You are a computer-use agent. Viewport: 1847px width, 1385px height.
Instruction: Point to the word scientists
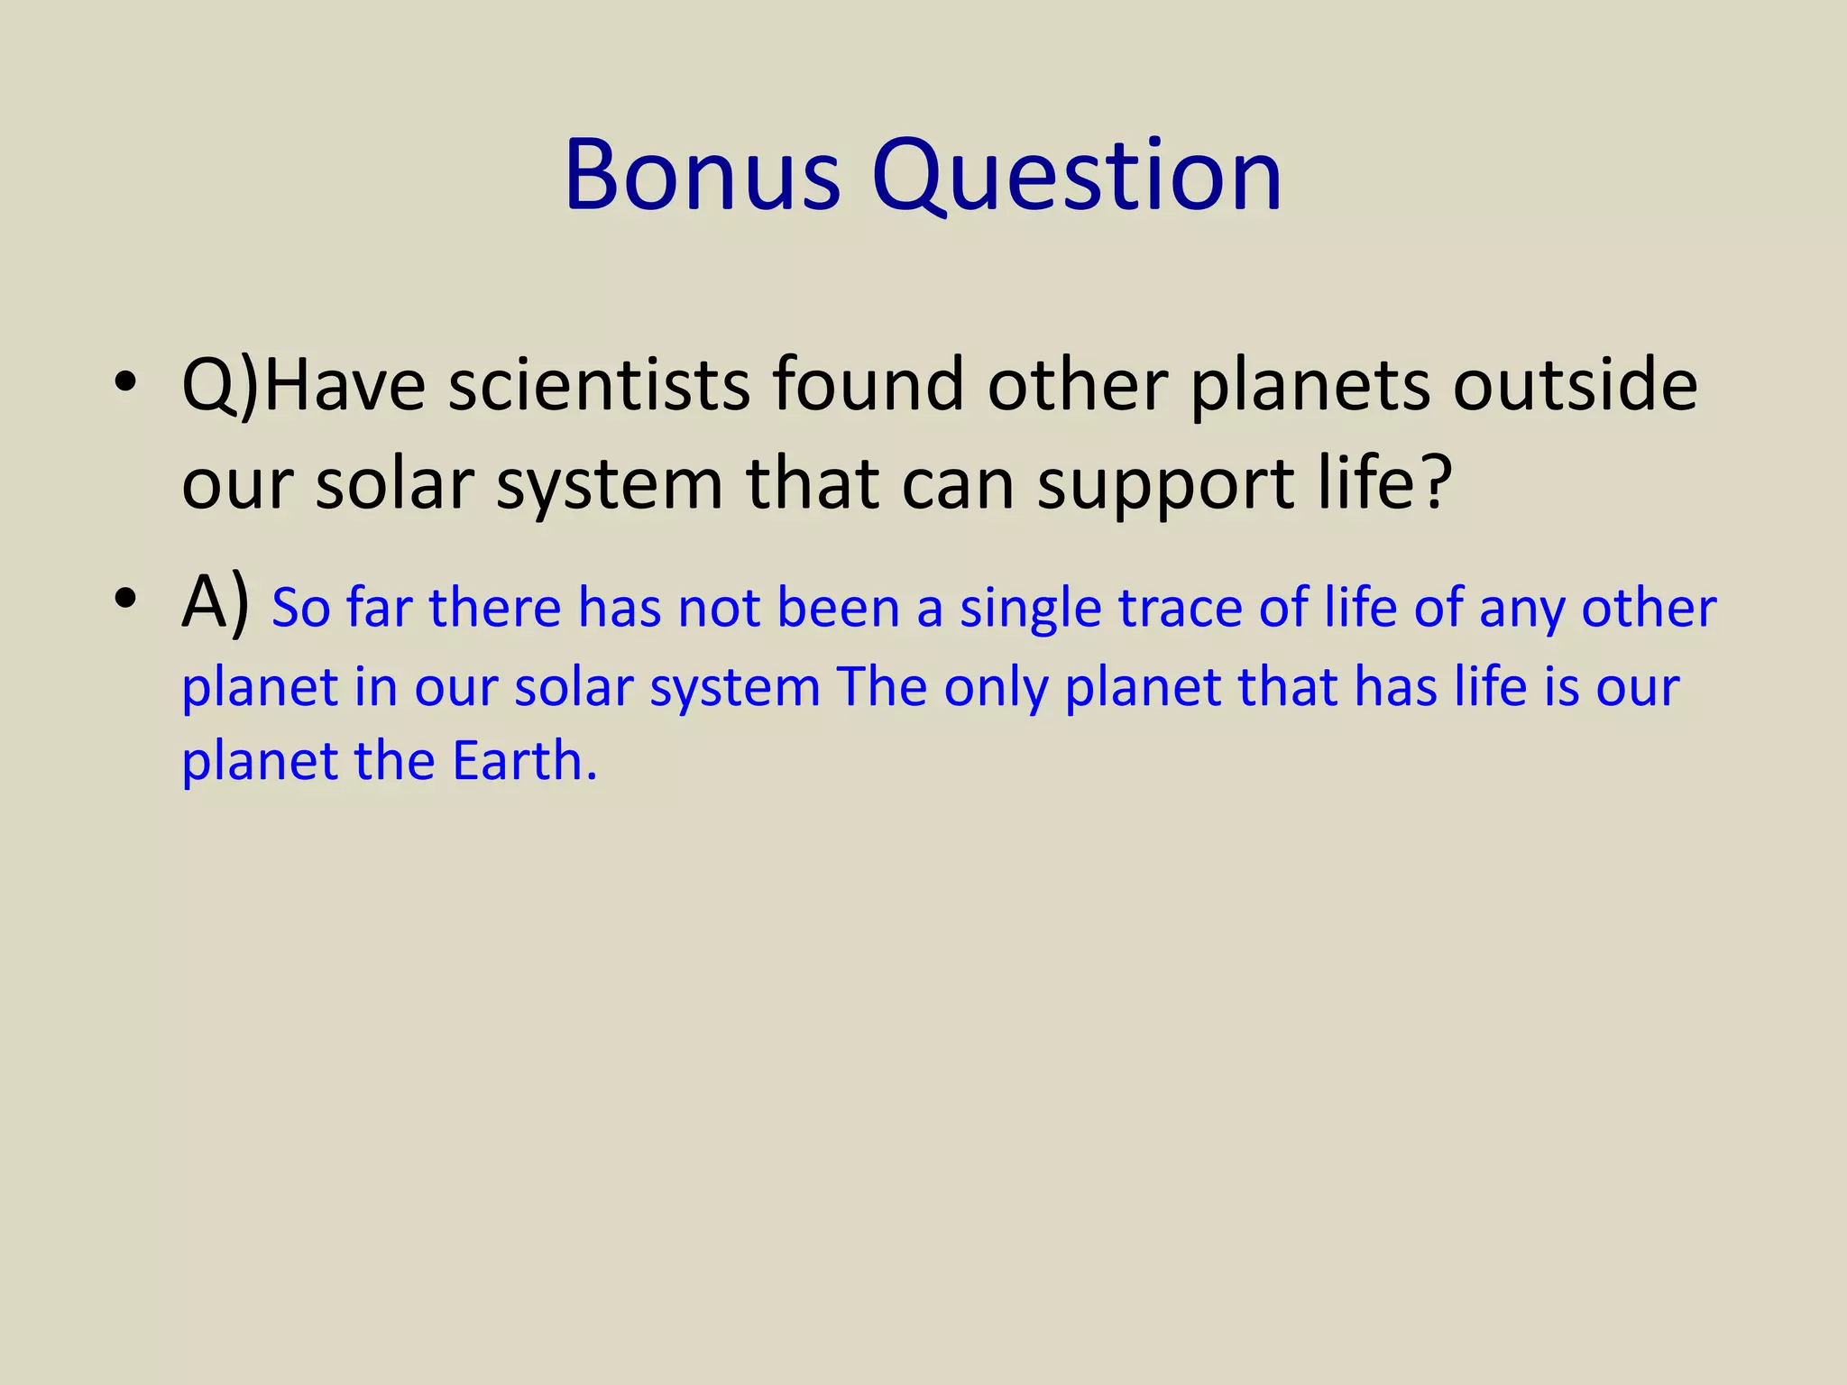599,385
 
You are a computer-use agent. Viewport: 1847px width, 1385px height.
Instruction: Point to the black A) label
215,602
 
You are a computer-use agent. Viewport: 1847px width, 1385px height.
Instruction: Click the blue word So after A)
301,608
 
